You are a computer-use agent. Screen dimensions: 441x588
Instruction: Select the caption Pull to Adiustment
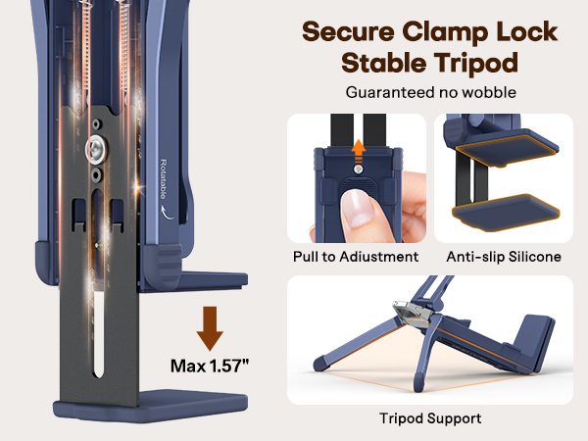[356, 257]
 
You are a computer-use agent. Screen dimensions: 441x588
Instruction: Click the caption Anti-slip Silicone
[504, 257]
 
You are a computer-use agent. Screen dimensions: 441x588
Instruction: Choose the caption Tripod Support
[430, 418]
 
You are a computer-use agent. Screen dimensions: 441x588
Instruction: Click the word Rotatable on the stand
[163, 177]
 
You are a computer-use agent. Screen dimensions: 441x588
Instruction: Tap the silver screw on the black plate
[100, 148]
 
